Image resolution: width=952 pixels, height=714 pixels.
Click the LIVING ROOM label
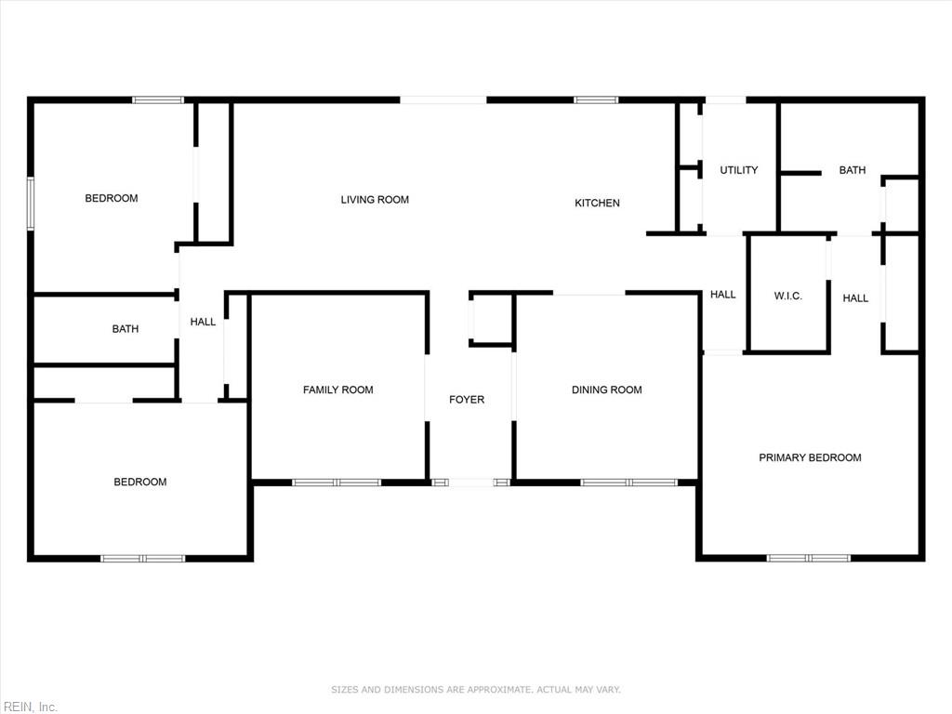coord(375,200)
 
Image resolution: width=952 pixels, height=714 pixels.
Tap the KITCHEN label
coord(597,203)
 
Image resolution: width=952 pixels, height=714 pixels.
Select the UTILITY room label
coord(739,170)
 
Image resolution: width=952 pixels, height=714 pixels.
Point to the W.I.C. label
coord(788,297)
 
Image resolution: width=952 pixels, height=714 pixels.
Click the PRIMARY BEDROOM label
coord(810,457)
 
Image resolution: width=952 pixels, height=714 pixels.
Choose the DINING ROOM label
coord(606,390)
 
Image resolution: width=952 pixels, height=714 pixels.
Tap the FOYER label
coord(467,400)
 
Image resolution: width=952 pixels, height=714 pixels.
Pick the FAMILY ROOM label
coord(338,390)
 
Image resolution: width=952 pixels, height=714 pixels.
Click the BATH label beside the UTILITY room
coord(853,170)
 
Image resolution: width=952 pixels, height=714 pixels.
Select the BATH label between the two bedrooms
coord(126,329)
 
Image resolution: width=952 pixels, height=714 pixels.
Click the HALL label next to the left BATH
coord(203,322)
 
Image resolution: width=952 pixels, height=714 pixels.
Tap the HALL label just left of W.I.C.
coord(723,295)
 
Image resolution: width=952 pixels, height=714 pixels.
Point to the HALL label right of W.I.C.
coord(855,298)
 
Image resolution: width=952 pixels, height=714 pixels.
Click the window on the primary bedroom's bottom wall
coord(809,558)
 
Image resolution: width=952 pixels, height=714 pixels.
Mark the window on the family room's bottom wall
coord(337,483)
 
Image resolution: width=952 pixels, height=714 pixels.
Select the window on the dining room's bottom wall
coord(629,483)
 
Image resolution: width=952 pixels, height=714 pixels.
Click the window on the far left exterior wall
coord(31,204)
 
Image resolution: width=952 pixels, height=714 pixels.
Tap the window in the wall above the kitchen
coord(596,100)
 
